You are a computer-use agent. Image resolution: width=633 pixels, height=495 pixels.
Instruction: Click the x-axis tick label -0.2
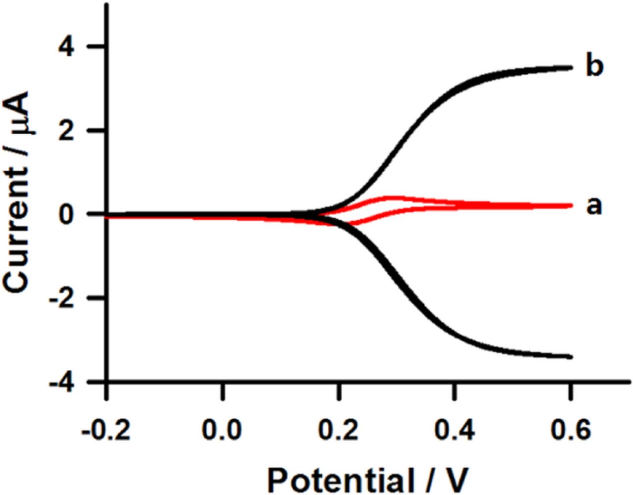click(x=107, y=430)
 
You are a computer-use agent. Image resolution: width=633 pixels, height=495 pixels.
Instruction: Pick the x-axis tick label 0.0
click(x=223, y=430)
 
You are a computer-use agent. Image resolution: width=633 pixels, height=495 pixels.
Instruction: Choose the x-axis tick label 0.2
click(x=339, y=430)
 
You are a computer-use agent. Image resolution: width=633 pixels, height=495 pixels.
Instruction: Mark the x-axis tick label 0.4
click(x=454, y=430)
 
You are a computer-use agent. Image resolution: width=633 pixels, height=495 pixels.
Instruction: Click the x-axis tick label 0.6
click(x=570, y=430)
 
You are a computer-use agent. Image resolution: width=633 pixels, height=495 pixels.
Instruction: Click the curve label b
click(x=594, y=66)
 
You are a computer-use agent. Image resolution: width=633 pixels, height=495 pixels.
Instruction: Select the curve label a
click(x=594, y=206)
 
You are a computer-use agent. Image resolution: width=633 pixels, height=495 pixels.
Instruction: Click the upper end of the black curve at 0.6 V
click(x=570, y=67)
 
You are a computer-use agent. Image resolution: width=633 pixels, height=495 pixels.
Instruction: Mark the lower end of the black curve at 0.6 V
click(x=570, y=356)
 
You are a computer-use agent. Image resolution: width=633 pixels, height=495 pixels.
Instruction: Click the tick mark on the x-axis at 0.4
click(x=454, y=391)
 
